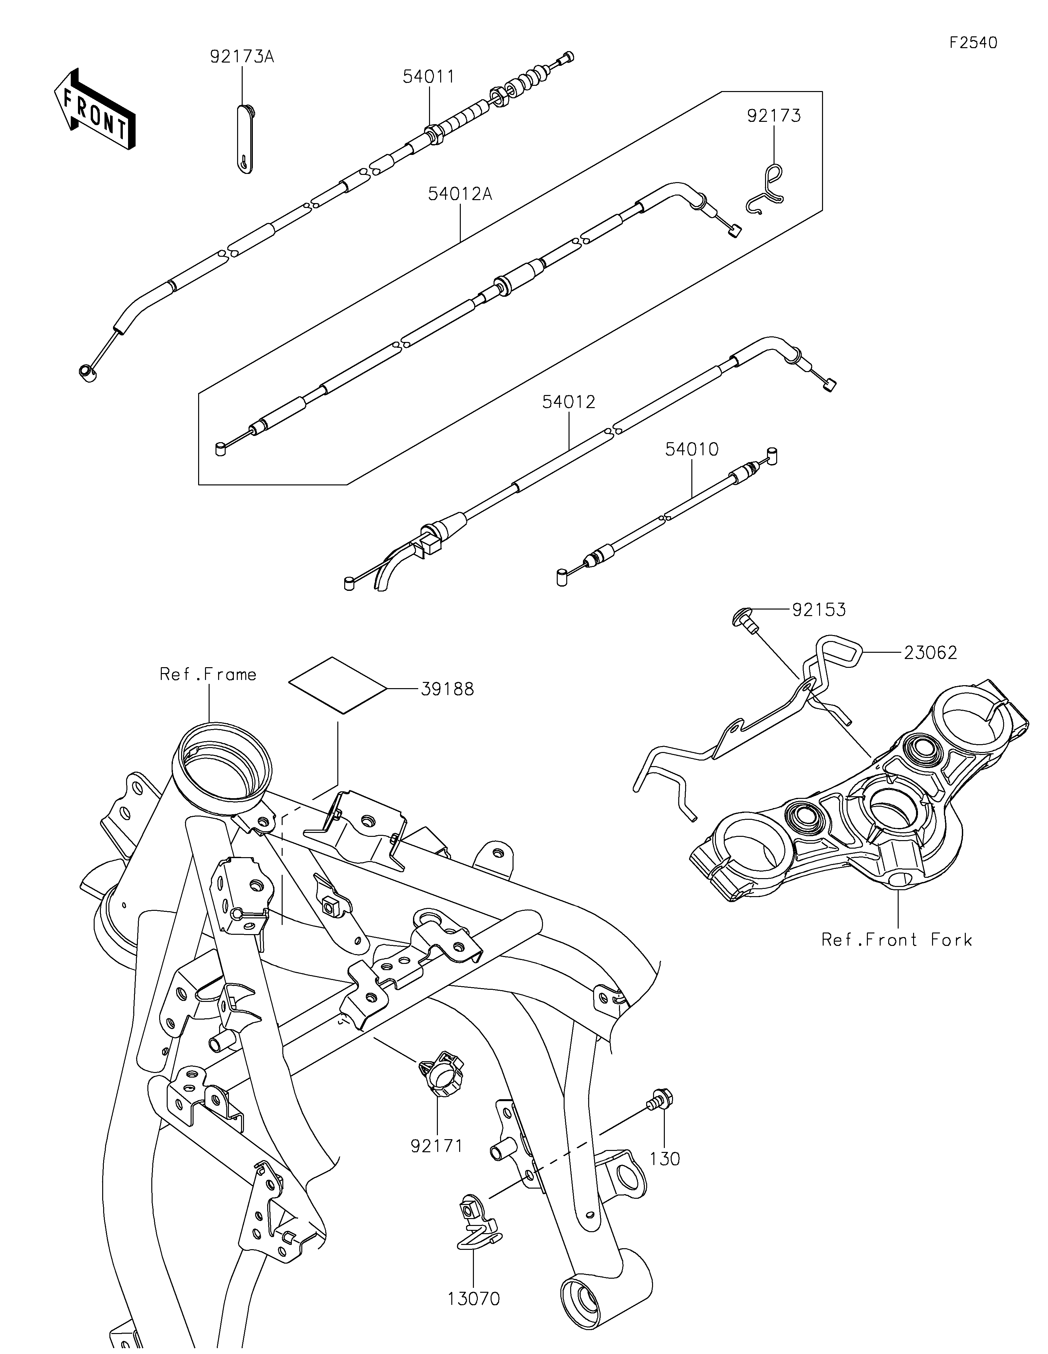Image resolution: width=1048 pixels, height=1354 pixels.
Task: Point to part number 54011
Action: (429, 77)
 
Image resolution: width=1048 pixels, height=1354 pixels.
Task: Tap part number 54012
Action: (569, 402)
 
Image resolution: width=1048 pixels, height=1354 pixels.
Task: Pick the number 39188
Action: (447, 689)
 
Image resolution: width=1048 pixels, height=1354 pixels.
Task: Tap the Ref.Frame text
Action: (208, 674)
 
